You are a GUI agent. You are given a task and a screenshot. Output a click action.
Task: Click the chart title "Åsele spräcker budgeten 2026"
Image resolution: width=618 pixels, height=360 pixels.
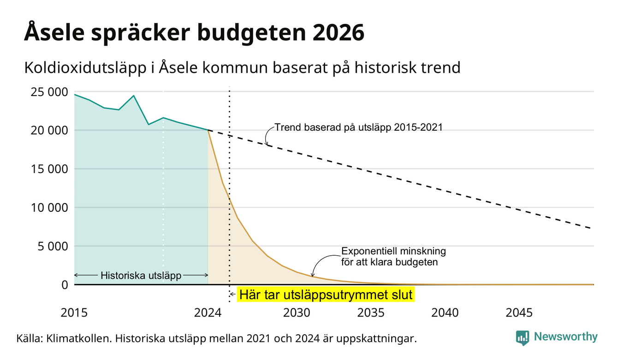194,33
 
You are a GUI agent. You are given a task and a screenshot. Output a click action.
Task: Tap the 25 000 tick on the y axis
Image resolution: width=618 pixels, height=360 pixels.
49,92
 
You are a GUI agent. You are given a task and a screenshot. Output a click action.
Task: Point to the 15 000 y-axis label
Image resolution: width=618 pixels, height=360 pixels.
49,169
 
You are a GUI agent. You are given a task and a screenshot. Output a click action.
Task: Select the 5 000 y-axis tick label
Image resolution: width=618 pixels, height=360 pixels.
53,246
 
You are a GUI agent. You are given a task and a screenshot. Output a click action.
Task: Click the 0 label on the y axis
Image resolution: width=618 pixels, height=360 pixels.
65,285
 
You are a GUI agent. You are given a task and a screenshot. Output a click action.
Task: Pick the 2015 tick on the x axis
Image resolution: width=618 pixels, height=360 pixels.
74,313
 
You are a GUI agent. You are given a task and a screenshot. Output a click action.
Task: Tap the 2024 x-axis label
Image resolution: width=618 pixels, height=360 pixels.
208,313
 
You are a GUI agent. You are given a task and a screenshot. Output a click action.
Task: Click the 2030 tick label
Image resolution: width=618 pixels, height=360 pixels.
297,313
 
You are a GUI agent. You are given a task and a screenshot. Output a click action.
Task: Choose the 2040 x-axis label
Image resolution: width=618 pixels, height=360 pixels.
445,313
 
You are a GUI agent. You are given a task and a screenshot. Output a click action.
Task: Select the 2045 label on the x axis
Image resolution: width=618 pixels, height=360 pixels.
519,313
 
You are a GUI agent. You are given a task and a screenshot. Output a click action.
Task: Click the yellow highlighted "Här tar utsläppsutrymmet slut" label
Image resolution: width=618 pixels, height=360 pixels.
326,294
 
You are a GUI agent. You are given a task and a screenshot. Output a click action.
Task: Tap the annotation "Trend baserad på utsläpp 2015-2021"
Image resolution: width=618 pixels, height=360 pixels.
358,127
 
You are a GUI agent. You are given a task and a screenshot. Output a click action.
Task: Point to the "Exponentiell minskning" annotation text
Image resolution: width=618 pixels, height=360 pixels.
393,251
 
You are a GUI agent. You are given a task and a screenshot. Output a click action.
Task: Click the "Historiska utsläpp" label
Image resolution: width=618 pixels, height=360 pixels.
141,275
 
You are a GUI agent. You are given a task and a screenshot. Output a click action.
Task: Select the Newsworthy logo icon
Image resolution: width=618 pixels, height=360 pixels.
523,338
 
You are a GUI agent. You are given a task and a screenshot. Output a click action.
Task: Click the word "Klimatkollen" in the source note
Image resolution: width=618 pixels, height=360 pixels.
78,338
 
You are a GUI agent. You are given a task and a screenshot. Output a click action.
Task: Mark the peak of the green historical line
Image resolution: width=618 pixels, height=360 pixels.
134,96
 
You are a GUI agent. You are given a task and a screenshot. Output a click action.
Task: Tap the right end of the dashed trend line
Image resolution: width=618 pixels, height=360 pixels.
591,228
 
